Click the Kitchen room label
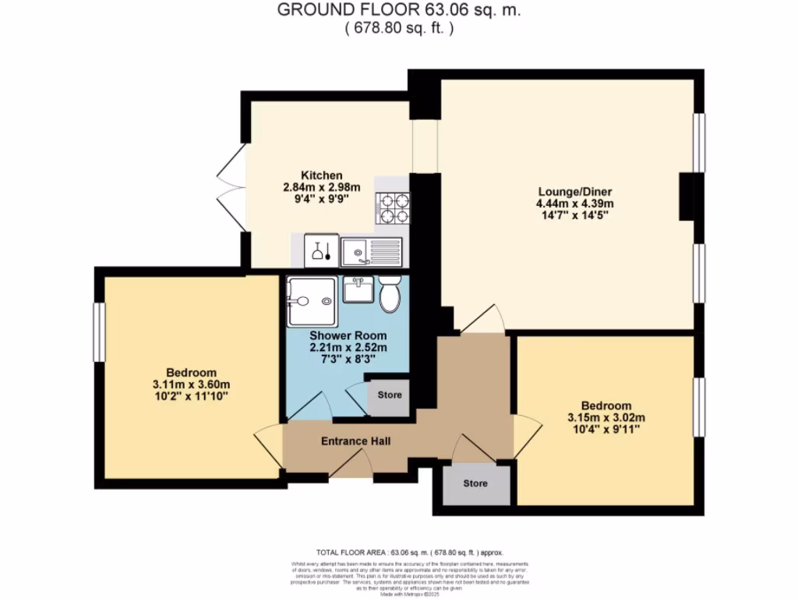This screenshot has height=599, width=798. point(321,175)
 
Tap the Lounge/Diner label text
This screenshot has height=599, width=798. point(574,191)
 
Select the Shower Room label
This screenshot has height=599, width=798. point(348,335)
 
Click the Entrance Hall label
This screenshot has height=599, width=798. point(355,441)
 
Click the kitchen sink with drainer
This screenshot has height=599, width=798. point(372,251)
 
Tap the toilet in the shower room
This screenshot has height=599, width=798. point(389,294)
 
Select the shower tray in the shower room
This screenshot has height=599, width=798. point(312,301)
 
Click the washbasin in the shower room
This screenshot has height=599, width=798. point(358,289)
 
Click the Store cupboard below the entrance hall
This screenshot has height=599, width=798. point(475,484)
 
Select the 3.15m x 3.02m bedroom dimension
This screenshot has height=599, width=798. point(606,418)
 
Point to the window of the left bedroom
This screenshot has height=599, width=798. point(99,332)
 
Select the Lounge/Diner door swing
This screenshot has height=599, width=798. point(483,320)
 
